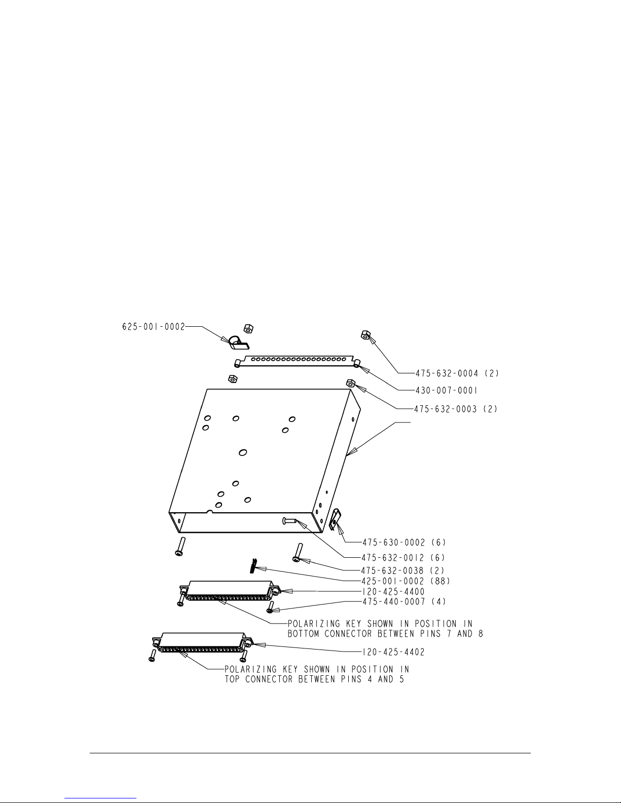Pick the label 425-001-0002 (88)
[406, 581]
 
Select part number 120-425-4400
[393, 591]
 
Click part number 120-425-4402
[393, 652]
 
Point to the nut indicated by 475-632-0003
[350, 383]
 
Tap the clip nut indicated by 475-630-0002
[334, 520]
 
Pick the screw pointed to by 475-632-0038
[297, 552]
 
